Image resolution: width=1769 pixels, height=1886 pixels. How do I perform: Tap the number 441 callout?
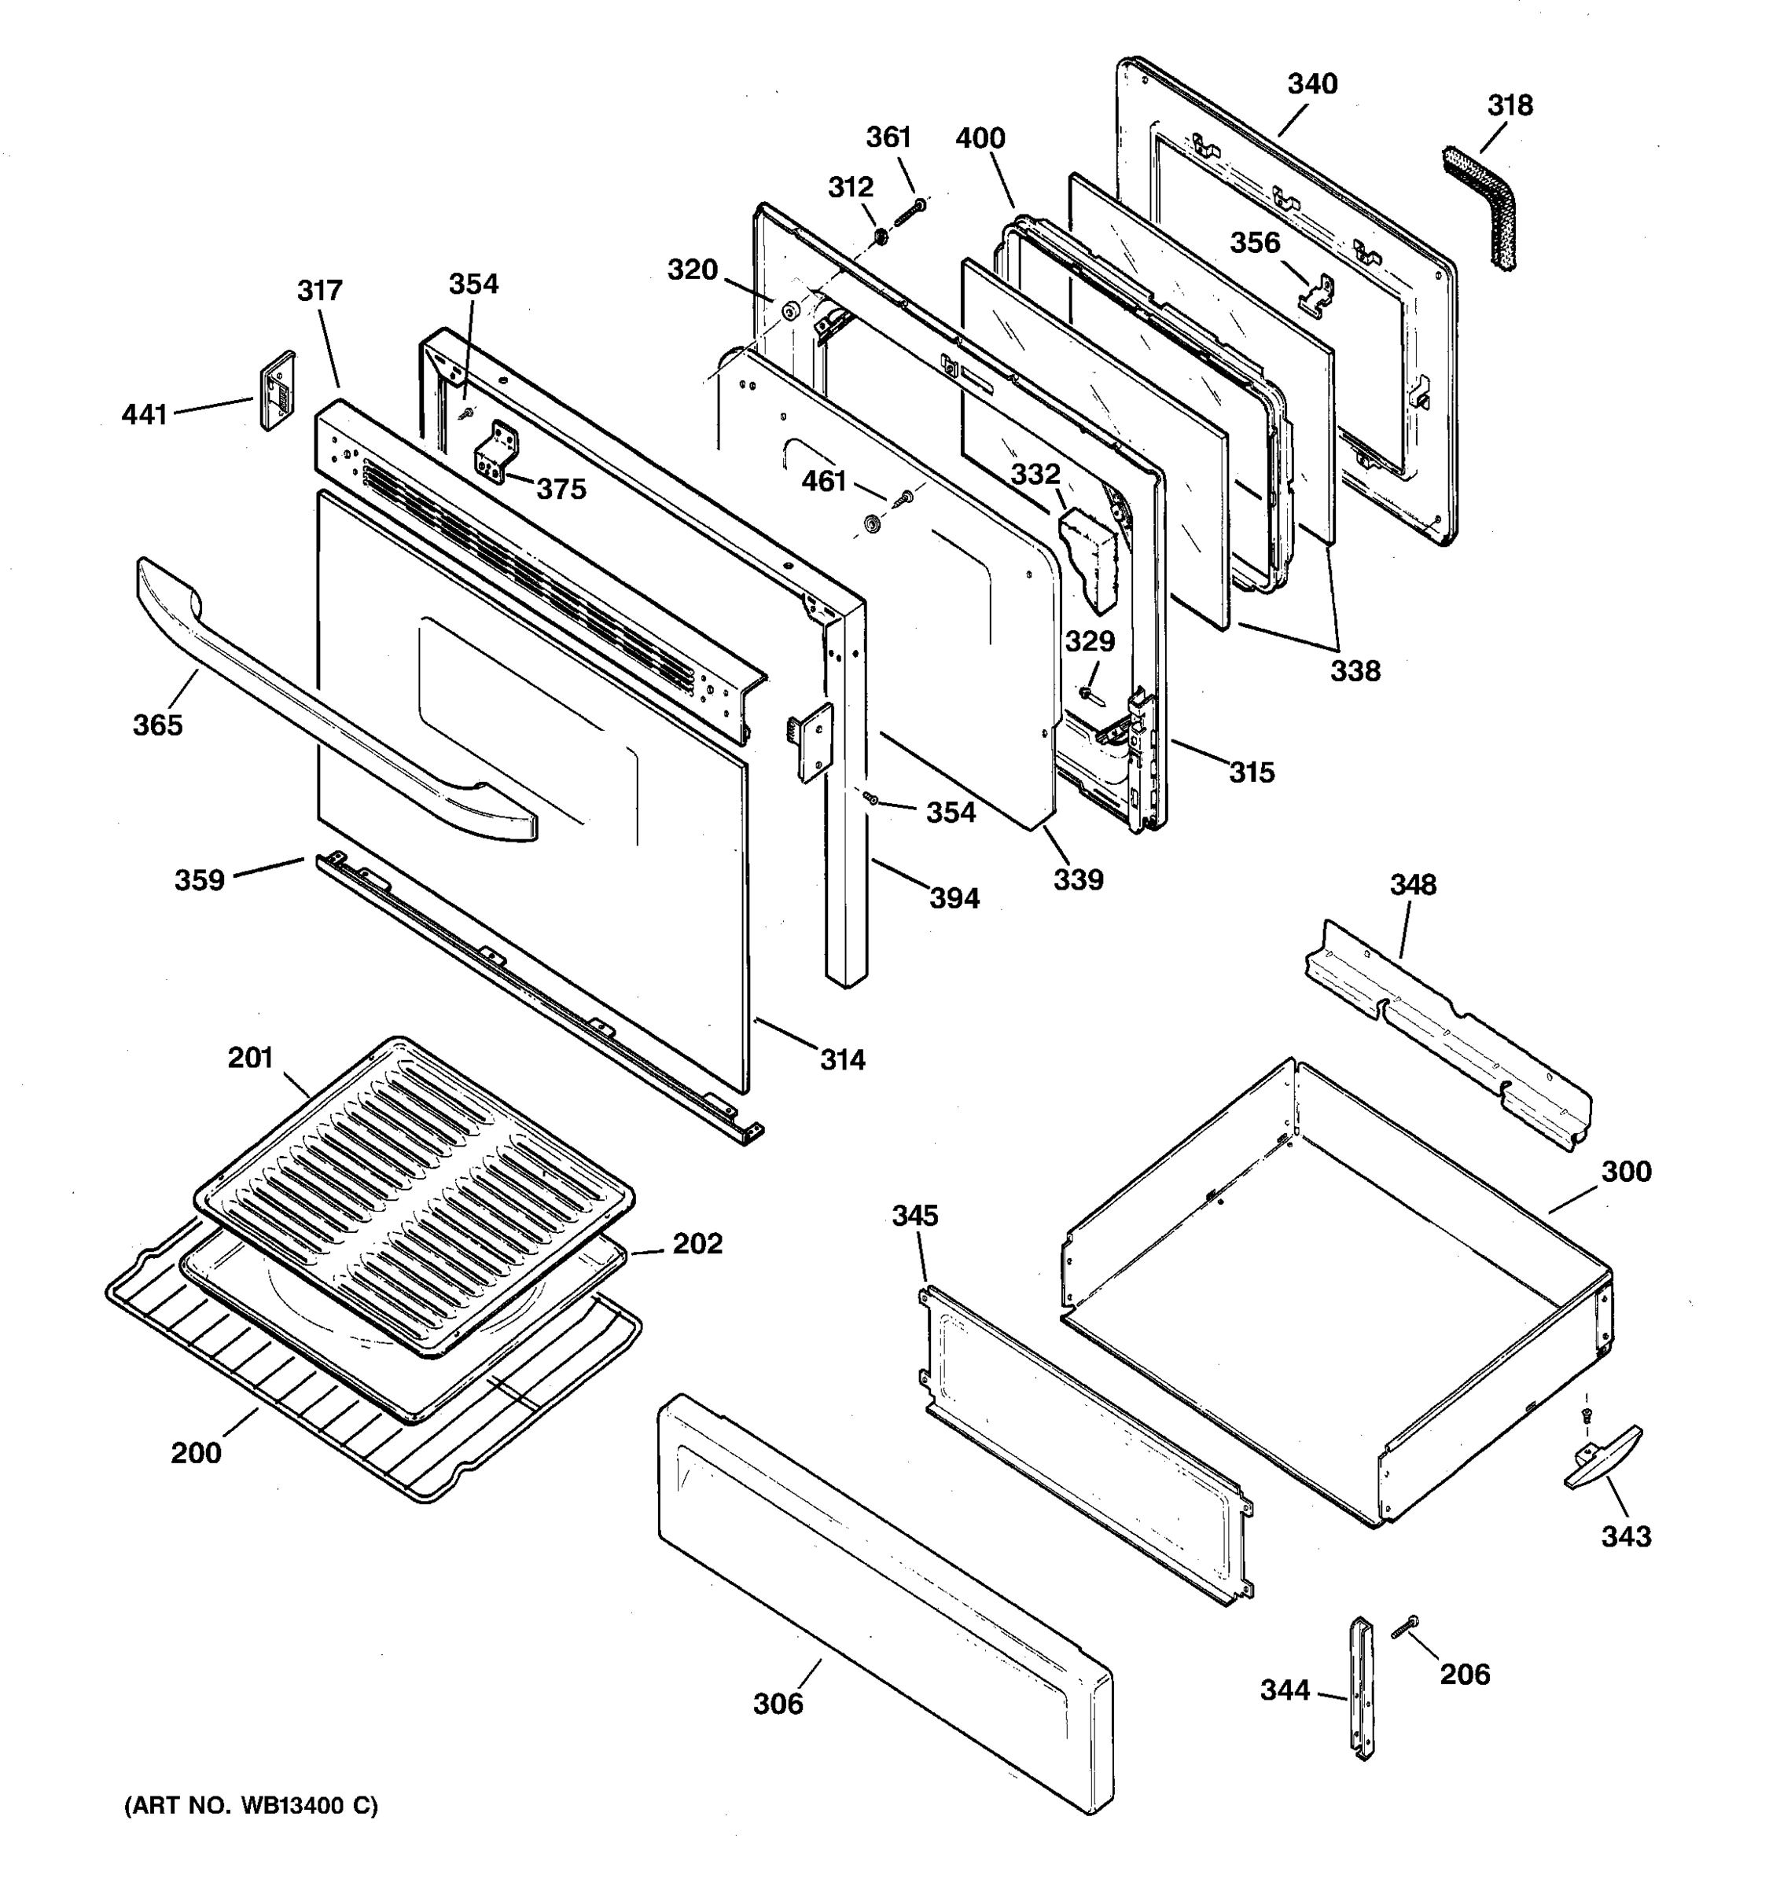click(x=144, y=415)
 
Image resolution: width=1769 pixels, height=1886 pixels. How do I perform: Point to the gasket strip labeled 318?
click(x=1493, y=209)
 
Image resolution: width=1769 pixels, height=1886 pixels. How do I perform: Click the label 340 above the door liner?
click(x=1311, y=83)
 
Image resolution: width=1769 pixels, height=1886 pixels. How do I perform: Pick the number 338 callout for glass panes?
click(x=1355, y=671)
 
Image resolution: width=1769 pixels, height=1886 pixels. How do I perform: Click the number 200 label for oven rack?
click(x=197, y=1452)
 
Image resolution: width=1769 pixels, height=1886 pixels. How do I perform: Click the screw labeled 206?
click(x=1403, y=1628)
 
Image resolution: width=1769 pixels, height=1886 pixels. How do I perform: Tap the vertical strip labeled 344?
click(x=1363, y=1688)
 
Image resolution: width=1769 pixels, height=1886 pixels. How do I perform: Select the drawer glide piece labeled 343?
click(x=1603, y=1457)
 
